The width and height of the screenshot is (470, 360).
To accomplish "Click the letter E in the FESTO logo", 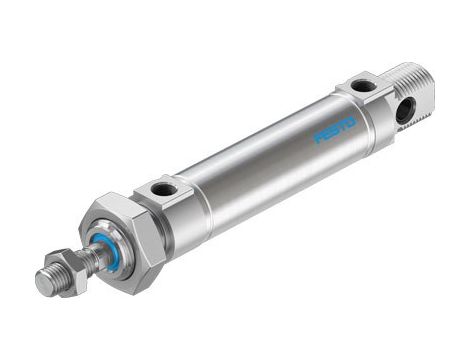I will coord(327,134).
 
